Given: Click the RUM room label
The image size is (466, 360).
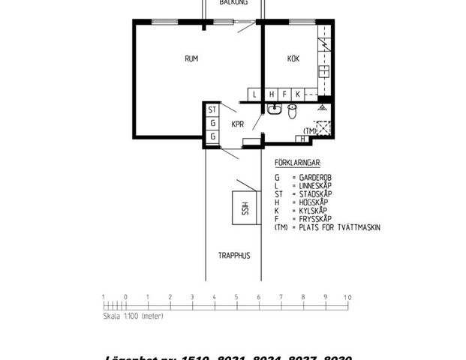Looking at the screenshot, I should click(191, 58).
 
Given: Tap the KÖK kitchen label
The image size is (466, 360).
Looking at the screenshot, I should click(293, 59).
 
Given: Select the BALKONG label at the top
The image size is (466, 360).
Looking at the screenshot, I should click(234, 3).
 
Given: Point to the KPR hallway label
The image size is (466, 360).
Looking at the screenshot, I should click(238, 124).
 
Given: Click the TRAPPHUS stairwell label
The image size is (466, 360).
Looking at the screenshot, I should click(234, 256).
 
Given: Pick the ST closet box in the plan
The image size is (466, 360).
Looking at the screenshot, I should click(212, 109).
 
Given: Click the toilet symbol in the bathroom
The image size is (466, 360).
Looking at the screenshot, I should click(292, 112).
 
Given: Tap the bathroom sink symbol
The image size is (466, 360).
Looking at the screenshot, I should click(274, 112).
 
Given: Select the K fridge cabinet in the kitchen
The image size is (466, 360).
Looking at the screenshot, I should click(298, 94).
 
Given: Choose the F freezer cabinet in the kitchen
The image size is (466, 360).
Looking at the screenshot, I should click(284, 94).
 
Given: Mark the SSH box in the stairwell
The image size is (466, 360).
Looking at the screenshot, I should click(243, 208).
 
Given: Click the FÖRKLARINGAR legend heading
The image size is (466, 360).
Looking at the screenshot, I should click(299, 162).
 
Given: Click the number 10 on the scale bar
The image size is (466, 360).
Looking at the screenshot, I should click(347, 297).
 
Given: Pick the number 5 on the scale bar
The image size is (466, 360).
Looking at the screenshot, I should click(236, 297).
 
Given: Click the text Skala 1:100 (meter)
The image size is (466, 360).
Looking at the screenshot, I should click(133, 316).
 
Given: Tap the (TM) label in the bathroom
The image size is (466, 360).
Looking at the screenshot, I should click(309, 130).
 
